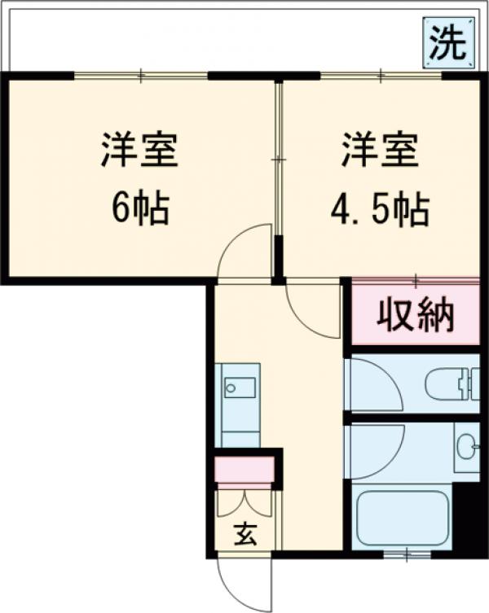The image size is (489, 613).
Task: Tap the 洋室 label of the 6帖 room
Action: point(139,151)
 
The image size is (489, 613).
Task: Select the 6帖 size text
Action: point(140,210)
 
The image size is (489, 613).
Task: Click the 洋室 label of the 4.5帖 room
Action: point(380,151)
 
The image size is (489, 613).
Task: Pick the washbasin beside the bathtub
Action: point(467,447)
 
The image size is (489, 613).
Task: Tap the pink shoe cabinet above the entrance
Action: point(244,470)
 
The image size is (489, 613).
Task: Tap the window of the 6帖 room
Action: point(140,77)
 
